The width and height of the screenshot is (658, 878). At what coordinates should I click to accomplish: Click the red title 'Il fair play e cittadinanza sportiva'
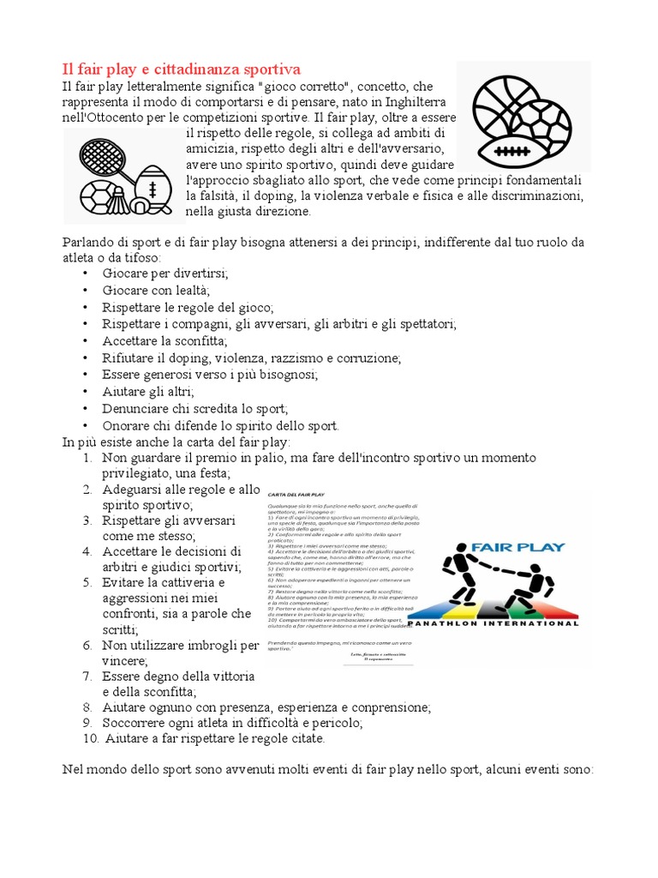tap(182, 69)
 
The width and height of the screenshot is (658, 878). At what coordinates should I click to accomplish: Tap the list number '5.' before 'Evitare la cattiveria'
tap(87, 582)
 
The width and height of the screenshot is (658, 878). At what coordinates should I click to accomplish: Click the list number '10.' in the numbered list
tap(91, 737)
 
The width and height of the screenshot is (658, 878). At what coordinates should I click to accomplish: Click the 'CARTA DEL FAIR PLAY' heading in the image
tap(296, 496)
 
